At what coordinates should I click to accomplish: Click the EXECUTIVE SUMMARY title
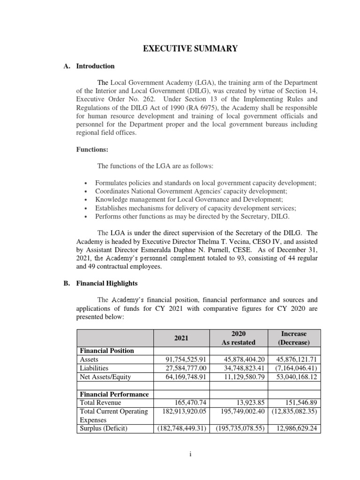[x=180, y=48]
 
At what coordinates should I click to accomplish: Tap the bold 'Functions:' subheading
[x=92, y=150]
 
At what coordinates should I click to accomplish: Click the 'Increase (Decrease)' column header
[x=294, y=338]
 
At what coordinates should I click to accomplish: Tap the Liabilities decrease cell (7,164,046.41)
[x=294, y=368]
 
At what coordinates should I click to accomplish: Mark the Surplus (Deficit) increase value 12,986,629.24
[x=294, y=428]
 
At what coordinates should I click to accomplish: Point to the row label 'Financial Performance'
[x=114, y=394]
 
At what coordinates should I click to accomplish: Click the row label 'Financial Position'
[x=107, y=351]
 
